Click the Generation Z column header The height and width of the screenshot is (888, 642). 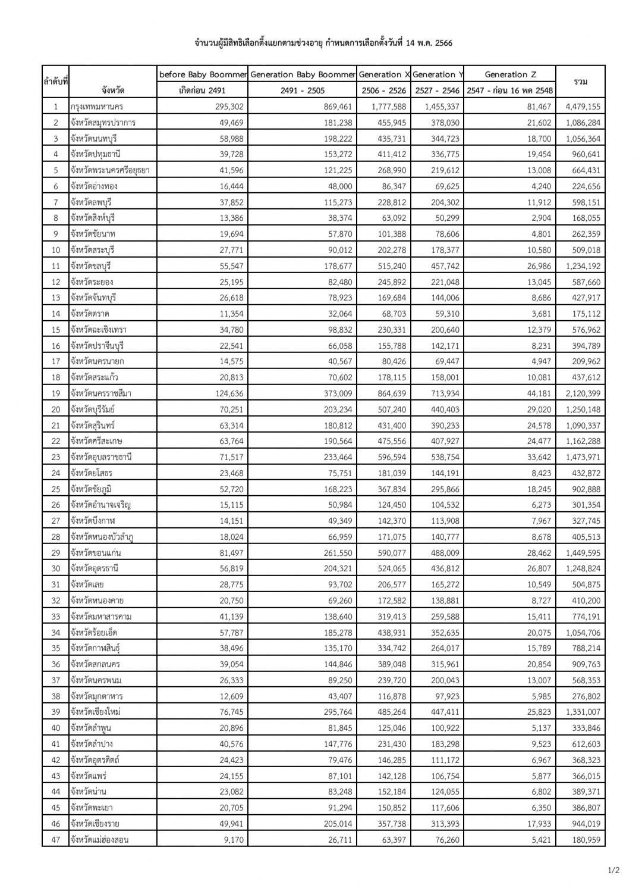tap(510, 74)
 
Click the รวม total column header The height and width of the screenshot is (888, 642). tap(580, 82)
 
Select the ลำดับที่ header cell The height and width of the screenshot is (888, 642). tap(55, 82)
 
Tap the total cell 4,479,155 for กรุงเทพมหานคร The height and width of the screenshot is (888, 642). tap(580, 107)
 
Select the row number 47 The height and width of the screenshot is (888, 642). tap(55, 840)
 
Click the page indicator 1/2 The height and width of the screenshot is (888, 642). tap(613, 870)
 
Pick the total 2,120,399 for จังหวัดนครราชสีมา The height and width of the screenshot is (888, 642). tap(580, 393)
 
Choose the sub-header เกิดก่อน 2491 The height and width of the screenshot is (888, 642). tap(202, 90)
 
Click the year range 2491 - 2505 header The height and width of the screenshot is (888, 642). tap(303, 90)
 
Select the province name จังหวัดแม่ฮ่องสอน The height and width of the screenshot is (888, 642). tap(99, 840)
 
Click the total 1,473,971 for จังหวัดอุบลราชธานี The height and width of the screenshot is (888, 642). tap(580, 457)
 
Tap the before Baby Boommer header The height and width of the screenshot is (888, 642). tap(203, 74)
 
